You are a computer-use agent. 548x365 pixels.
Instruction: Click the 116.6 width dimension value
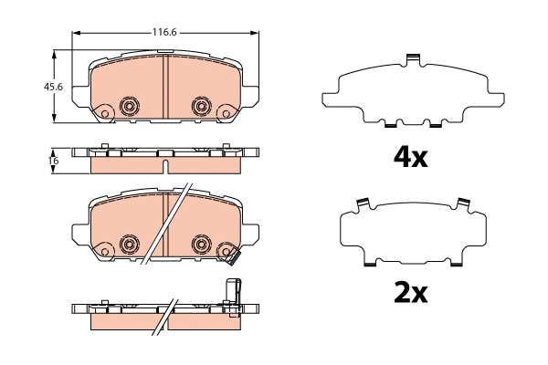pos(164,32)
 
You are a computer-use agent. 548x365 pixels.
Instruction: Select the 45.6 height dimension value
pos(40,87)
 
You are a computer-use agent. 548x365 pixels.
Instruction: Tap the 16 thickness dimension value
pos(53,160)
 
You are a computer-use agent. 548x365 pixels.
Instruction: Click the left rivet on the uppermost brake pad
pos(128,107)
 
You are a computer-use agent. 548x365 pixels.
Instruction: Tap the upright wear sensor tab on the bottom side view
pos(230,292)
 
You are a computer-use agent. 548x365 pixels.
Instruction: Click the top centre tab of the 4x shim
pos(412,61)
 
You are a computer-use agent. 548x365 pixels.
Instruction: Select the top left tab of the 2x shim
pos(363,202)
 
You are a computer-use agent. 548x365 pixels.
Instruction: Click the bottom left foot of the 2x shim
pos(370,266)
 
